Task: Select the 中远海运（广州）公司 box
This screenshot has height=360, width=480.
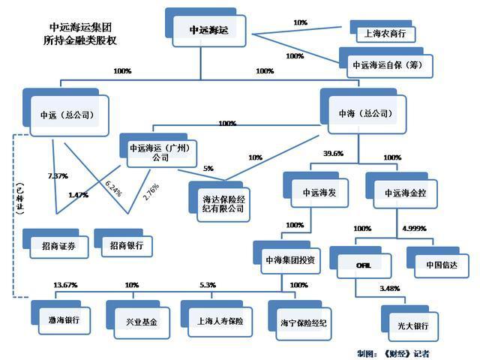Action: point(159,153)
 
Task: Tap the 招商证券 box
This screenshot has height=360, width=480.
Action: point(59,245)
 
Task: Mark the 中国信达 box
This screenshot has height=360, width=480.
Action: point(439,263)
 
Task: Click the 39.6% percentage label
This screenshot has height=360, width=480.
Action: point(333,153)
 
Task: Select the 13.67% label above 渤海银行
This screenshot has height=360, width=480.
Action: point(66,285)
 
